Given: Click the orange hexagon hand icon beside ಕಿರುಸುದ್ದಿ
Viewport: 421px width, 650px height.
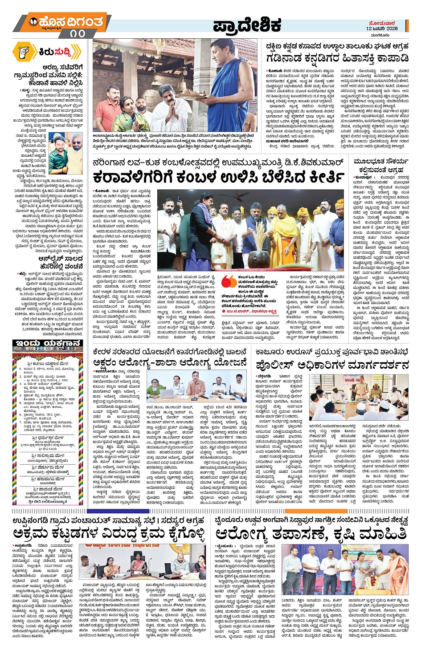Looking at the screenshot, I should [23, 52].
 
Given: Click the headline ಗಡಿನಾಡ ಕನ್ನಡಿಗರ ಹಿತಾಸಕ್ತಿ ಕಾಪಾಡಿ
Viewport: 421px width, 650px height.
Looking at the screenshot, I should [337, 58].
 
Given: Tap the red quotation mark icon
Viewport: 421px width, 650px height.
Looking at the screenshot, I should [229, 281].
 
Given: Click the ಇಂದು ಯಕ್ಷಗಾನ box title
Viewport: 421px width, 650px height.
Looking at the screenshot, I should [48, 344].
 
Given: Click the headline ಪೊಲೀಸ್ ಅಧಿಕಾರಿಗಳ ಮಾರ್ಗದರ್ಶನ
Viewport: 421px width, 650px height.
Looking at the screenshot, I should [332, 365].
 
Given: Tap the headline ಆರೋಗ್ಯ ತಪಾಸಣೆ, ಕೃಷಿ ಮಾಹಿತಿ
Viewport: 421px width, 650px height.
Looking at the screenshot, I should [311, 533].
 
